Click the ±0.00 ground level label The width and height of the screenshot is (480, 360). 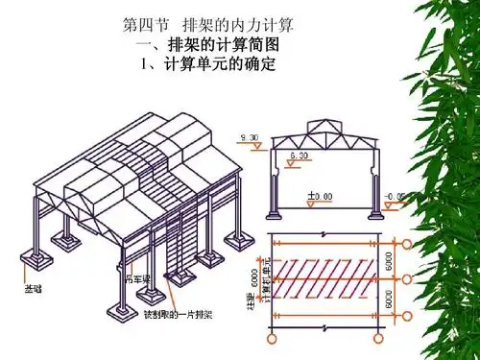pyautogui.click(x=320, y=196)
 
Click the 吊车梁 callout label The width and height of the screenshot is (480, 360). pyautogui.click(x=142, y=280)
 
